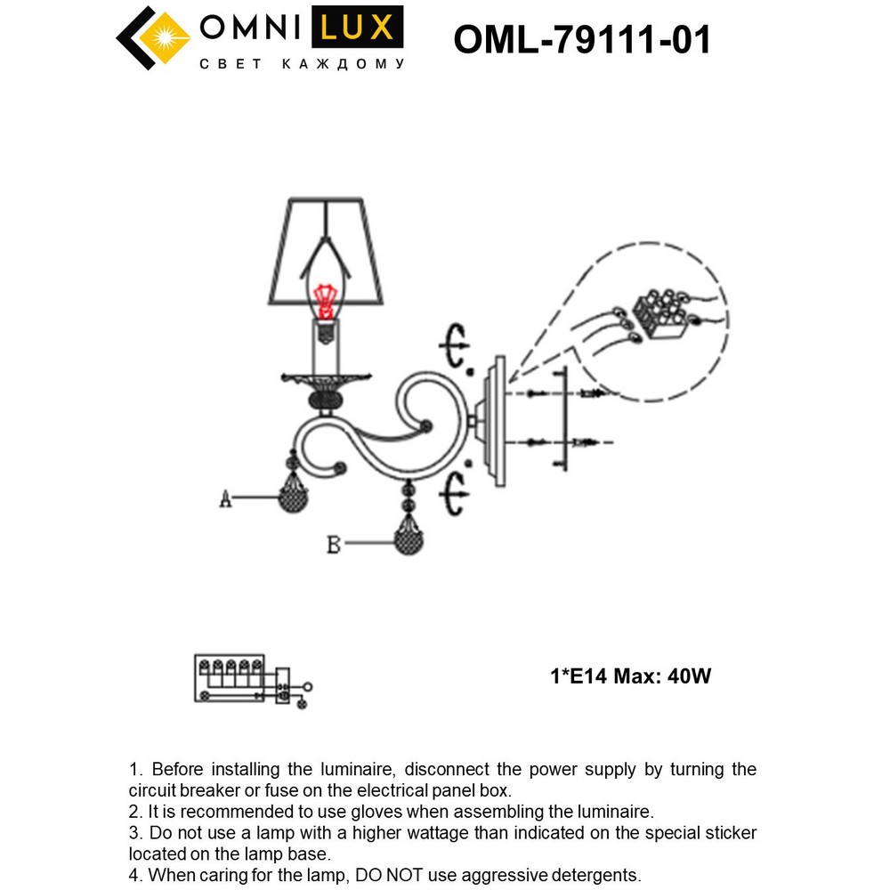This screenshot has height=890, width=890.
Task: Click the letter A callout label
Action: click(x=226, y=501)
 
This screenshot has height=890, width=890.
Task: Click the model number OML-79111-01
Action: click(x=582, y=39)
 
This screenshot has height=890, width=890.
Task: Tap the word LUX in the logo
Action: click(x=355, y=28)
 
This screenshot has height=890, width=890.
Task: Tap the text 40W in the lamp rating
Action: click(x=689, y=676)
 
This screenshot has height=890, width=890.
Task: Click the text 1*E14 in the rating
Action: click(x=582, y=676)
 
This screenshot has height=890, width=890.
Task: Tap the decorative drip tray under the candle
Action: click(x=326, y=380)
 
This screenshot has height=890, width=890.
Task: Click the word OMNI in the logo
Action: click(x=250, y=28)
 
